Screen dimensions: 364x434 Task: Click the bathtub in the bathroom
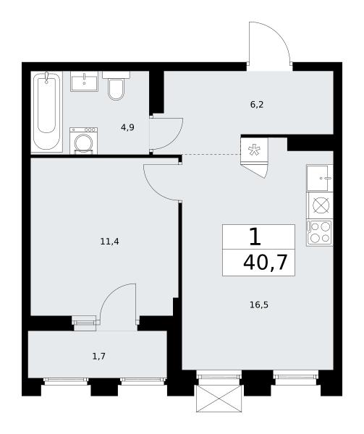(x=46, y=111)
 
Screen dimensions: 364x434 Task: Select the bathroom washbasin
(x=84, y=81)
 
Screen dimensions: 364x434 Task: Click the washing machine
(x=84, y=140)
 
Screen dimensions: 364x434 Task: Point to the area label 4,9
(x=127, y=127)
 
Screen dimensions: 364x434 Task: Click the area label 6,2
(x=257, y=105)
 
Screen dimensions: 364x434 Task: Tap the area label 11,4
(x=109, y=242)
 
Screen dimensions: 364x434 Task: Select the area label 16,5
(x=259, y=305)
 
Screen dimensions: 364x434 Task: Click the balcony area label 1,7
(x=99, y=356)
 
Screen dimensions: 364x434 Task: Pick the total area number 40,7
(x=265, y=263)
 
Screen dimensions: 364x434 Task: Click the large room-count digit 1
(x=255, y=237)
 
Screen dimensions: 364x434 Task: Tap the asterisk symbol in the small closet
(x=254, y=150)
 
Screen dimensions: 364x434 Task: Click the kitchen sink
(x=319, y=178)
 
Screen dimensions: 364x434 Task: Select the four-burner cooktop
(x=320, y=232)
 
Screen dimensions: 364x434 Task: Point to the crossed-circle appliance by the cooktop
(x=321, y=205)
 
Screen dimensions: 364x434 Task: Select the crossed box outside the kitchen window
(x=219, y=399)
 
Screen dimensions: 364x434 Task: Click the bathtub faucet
(x=47, y=77)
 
